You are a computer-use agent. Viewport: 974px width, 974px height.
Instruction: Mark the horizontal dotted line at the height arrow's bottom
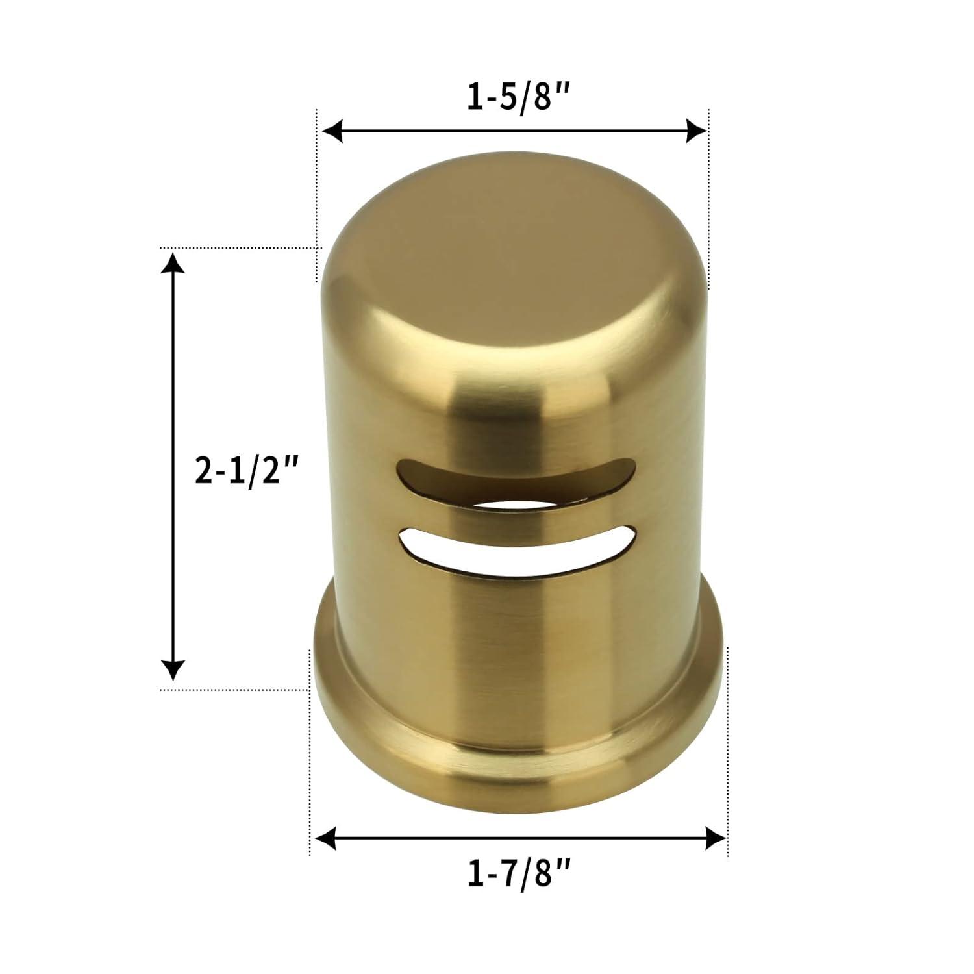coord(234,690)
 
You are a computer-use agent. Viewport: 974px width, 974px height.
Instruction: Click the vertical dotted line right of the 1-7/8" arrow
coord(728,747)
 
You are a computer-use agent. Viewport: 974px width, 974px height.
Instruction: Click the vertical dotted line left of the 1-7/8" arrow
coord(310,747)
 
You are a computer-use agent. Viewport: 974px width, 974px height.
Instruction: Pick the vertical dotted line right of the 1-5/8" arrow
coord(708,195)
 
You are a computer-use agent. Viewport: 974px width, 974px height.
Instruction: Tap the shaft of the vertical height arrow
coord(172,390)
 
